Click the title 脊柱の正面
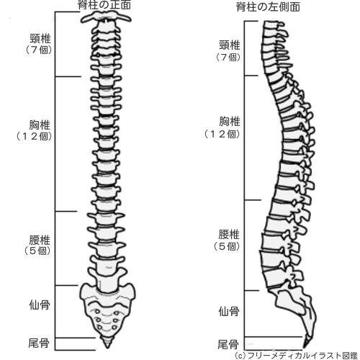[104, 5]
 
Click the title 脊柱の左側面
[268, 7]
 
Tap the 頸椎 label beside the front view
[40, 39]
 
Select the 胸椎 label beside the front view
[40, 125]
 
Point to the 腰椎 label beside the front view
[40, 240]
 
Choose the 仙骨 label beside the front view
[40, 305]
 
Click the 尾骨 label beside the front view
[39, 343]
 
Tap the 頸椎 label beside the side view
[230, 45]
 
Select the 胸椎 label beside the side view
[230, 122]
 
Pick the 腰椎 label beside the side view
[229, 234]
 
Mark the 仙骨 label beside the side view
[229, 312]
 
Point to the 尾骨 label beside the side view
[228, 345]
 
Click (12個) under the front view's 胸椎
[34, 136]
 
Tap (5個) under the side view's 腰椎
[227, 246]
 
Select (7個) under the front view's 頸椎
[39, 50]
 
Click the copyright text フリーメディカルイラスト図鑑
[302, 355]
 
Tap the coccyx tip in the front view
[107, 348]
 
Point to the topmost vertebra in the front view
[106, 17]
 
